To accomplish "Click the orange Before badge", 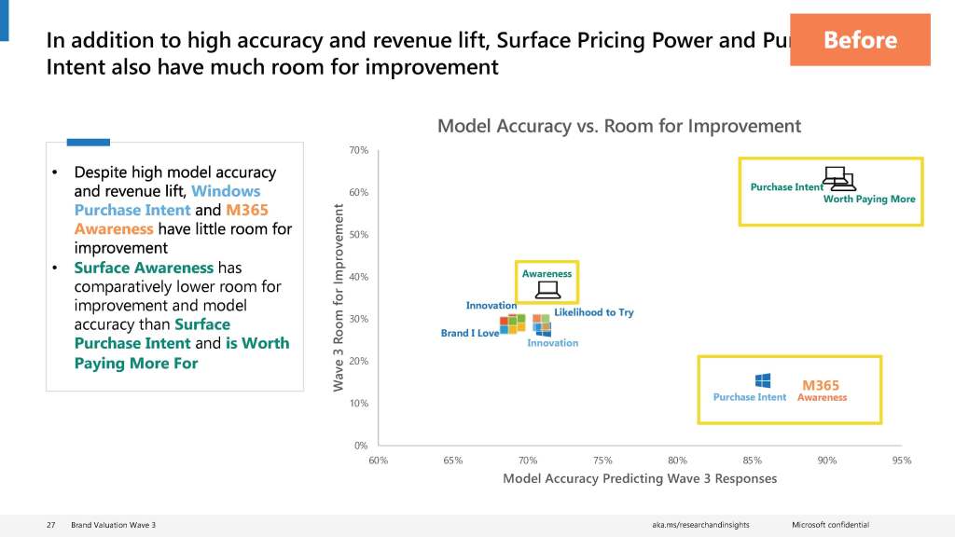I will (x=859, y=40).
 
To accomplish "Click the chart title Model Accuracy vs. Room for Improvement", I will (x=619, y=126).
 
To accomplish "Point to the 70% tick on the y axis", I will (x=358, y=150).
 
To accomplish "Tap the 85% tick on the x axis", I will (x=752, y=461).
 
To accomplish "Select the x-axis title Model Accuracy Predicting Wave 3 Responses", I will (x=639, y=478).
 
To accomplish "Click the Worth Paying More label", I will (x=869, y=199).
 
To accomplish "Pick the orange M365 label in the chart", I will (x=821, y=385).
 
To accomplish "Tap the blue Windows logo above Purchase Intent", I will (x=762, y=381).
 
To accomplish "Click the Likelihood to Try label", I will (x=593, y=312).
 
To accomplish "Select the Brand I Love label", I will (x=469, y=333).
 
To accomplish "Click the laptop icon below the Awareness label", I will (x=547, y=290).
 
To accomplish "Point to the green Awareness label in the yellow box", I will (x=547, y=274).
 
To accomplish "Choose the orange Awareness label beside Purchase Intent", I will (x=822, y=397).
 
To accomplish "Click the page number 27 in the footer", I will (x=51, y=525).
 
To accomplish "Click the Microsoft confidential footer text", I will (x=830, y=525).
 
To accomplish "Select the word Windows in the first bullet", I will (x=226, y=191).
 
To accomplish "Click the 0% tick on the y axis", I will (x=360, y=446).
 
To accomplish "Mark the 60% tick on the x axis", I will (x=379, y=461).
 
